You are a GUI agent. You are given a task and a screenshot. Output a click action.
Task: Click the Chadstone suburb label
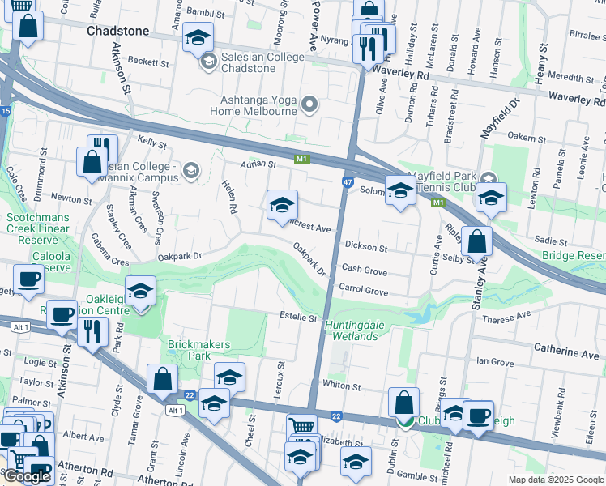(117, 31)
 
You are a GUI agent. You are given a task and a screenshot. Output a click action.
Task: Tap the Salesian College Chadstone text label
(264, 61)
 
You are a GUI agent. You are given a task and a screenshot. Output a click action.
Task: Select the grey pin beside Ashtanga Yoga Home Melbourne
(309, 104)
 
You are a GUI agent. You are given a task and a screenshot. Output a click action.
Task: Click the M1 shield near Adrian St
(302, 160)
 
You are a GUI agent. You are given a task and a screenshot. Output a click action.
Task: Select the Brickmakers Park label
(199, 350)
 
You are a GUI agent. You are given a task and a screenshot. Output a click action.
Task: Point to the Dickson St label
(366, 245)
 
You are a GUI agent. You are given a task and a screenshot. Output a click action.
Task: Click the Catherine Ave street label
(565, 353)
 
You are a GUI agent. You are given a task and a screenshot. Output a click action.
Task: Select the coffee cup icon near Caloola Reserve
(29, 279)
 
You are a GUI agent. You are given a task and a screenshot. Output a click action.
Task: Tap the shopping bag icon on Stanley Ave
(478, 241)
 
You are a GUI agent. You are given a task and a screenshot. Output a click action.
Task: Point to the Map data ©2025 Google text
(555, 480)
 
